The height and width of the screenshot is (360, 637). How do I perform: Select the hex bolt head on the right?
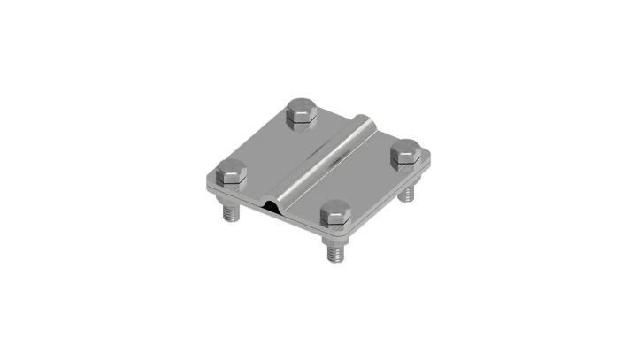(408, 152)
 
